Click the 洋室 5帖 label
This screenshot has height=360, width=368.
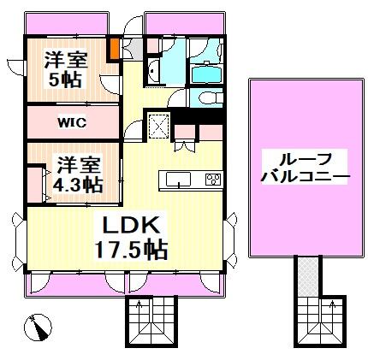tap(63, 72)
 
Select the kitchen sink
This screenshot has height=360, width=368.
tap(179, 180)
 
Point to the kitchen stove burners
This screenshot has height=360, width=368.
tap(211, 180)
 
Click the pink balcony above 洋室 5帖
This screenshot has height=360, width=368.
tap(65, 25)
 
